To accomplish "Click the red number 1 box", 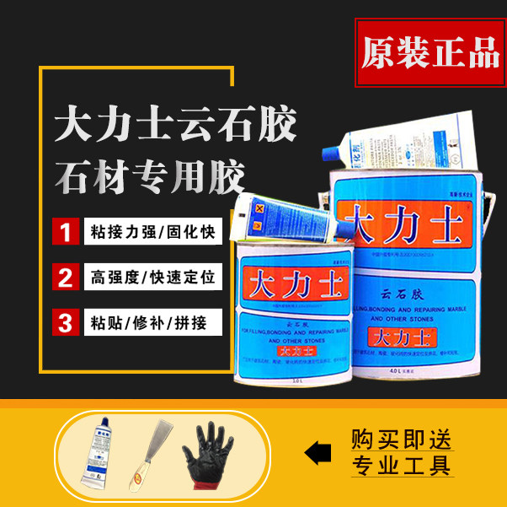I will tap(63, 230).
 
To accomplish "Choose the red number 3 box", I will tap(63, 321).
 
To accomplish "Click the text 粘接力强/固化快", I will tap(152, 230).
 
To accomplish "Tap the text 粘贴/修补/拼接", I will tap(143, 321).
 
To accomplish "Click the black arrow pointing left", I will tap(318, 453).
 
